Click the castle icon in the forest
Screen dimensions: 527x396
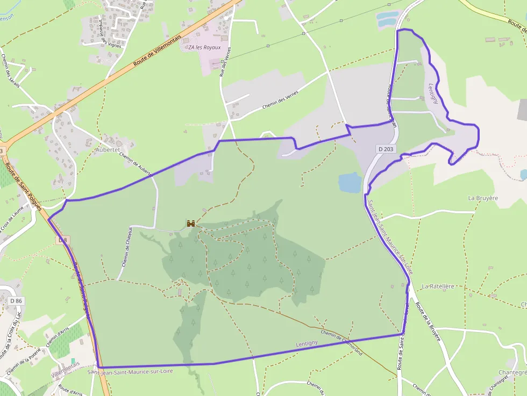pyautogui.click(x=190, y=223)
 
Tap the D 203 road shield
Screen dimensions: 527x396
pyautogui.click(x=386, y=149)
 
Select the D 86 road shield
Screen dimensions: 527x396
pyautogui.click(x=16, y=301)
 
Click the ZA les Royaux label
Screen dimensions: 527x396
pyautogui.click(x=204, y=47)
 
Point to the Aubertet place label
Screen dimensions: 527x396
pyautogui.click(x=108, y=150)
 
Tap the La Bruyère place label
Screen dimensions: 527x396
pyautogui.click(x=483, y=198)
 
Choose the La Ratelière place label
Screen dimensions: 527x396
pyautogui.click(x=438, y=286)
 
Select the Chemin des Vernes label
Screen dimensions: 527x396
pyautogui.click(x=280, y=99)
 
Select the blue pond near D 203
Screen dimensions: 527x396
pyautogui.click(x=350, y=183)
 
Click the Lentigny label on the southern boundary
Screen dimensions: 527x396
pyautogui.click(x=307, y=343)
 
